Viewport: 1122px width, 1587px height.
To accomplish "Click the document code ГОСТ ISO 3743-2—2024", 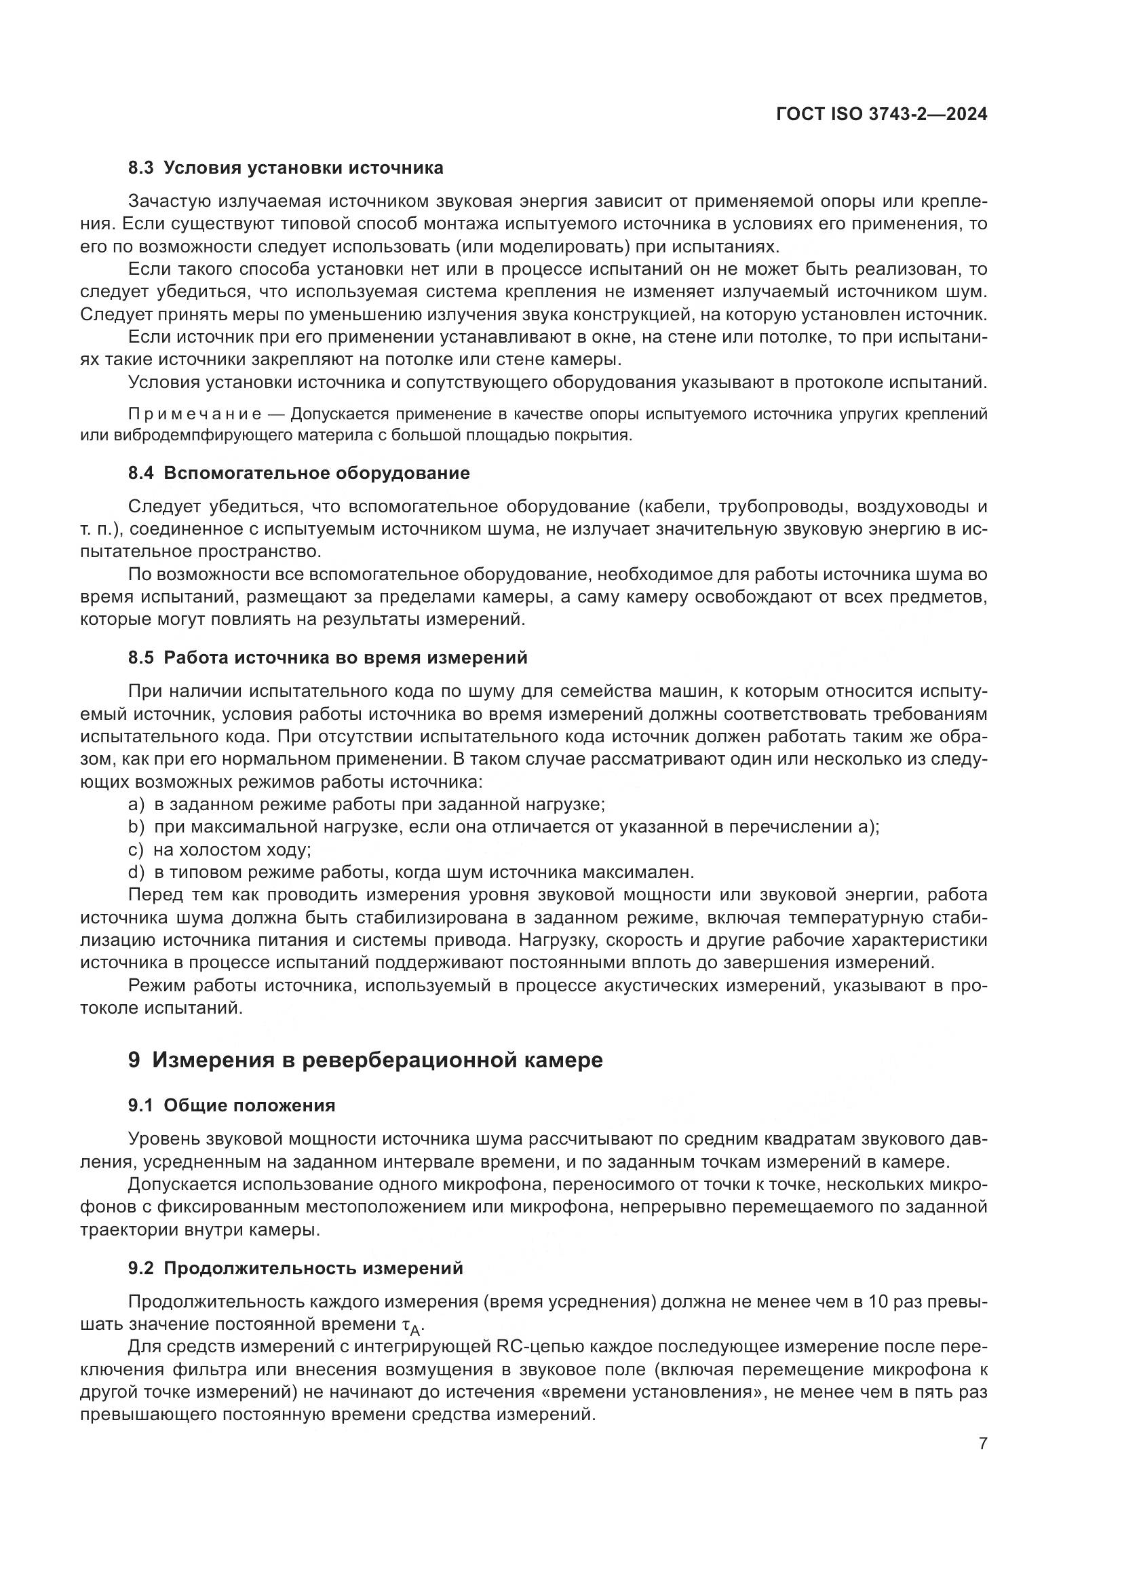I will (882, 115).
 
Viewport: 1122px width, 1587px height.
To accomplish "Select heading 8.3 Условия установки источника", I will (286, 168).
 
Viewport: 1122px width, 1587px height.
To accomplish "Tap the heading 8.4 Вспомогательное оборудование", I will (298, 474).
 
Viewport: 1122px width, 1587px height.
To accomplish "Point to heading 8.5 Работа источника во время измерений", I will (328, 657).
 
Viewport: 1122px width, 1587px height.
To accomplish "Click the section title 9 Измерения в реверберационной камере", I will (366, 1060).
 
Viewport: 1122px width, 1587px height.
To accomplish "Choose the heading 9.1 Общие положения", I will (231, 1105).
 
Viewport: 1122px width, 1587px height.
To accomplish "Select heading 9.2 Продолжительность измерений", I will (295, 1268).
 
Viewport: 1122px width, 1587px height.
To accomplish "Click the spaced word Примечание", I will (195, 414).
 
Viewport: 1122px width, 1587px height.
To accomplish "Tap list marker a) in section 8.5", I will (136, 805).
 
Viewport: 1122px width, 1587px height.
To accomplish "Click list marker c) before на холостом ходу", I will (136, 849).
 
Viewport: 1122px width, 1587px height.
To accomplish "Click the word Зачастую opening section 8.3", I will (169, 202).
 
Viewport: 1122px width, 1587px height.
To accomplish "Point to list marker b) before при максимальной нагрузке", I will (136, 826).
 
